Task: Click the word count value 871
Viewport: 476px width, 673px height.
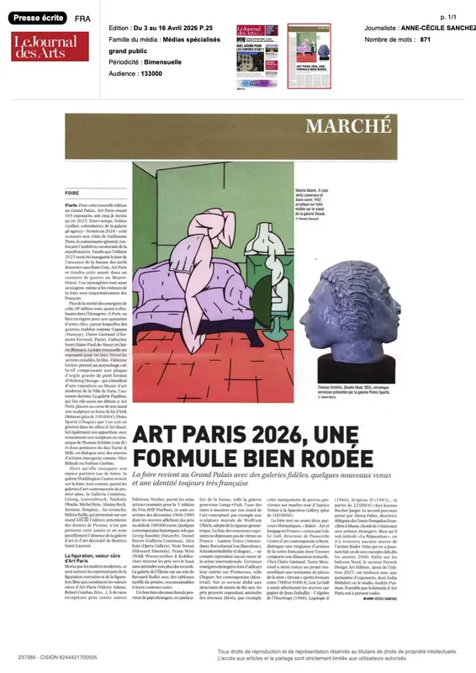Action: click(426, 40)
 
